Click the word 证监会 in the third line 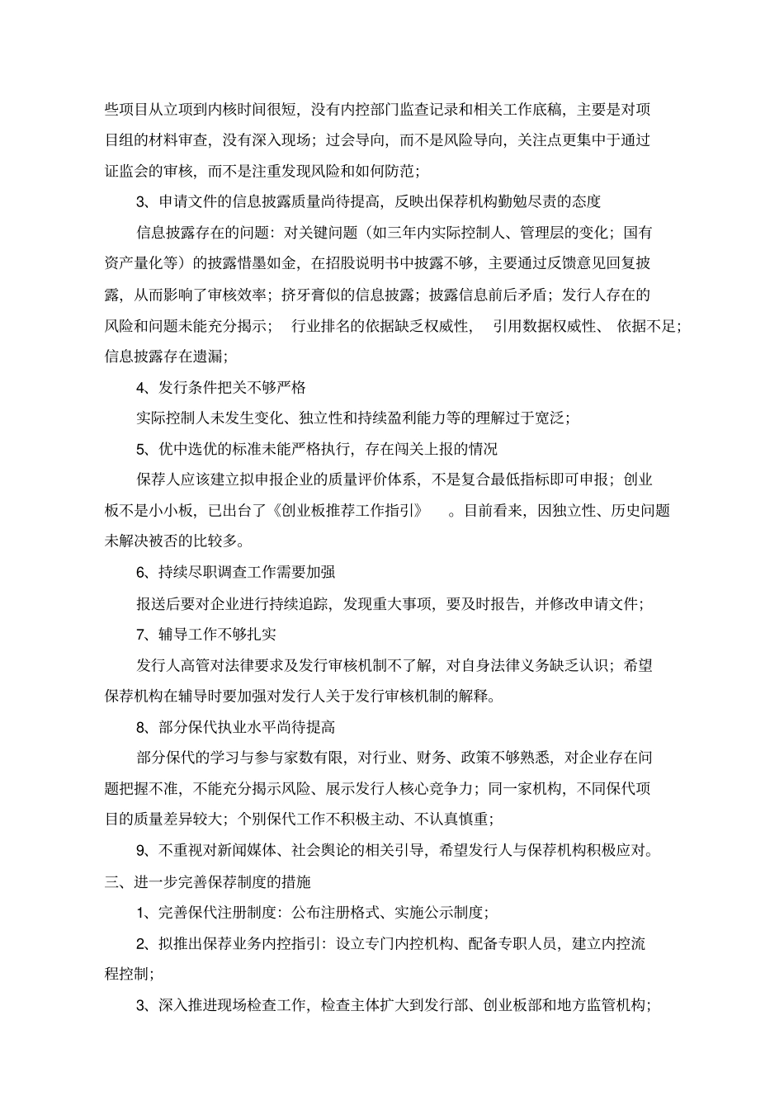coord(127,171)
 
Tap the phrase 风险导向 coord(473,140)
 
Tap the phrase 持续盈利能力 coord(422,418)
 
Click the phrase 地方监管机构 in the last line coord(605,1005)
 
